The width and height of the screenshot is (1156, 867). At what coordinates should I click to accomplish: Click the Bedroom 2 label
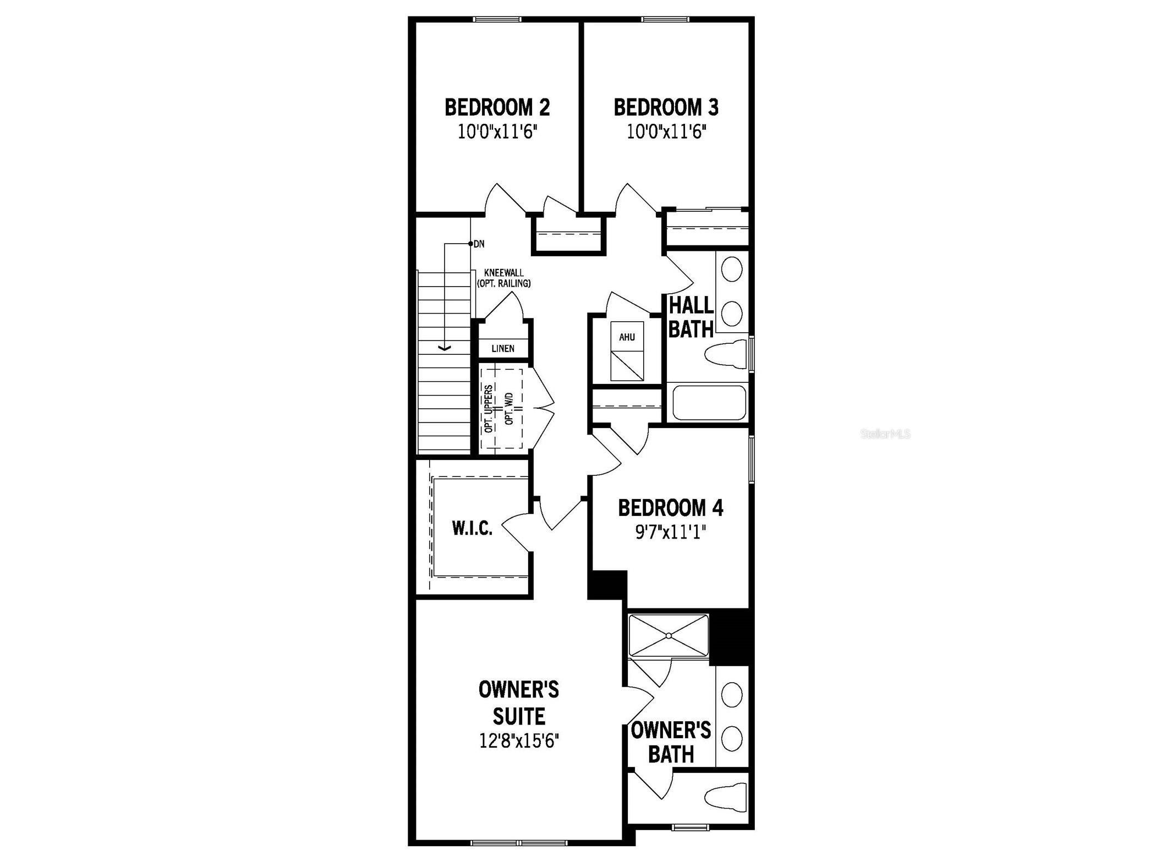497,107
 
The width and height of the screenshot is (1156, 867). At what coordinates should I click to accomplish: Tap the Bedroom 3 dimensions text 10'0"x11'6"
666,133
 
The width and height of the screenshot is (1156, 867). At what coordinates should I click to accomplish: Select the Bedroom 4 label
670,508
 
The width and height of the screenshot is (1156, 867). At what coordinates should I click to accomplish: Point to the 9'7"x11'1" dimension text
670,533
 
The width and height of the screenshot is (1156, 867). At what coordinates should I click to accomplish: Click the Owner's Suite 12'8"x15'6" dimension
519,741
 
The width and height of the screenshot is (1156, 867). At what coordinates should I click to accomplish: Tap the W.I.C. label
472,529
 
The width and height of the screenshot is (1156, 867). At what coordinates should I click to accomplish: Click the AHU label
627,337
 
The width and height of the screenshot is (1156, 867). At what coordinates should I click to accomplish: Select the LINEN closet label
503,348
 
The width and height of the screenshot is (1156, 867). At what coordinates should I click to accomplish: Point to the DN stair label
479,244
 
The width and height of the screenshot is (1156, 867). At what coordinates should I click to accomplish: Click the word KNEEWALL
503,273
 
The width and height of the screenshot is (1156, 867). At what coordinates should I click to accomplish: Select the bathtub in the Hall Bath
709,403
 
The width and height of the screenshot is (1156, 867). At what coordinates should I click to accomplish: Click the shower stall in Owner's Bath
669,635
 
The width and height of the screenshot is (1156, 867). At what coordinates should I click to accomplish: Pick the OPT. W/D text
508,408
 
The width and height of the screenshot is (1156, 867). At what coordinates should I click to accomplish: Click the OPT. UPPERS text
489,408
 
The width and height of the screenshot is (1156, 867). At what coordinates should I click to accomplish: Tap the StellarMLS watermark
885,434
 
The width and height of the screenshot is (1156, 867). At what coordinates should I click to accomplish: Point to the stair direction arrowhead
444,348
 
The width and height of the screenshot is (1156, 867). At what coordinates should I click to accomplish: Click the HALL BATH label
691,317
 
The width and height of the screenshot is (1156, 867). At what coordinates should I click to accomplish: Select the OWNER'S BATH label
671,742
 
